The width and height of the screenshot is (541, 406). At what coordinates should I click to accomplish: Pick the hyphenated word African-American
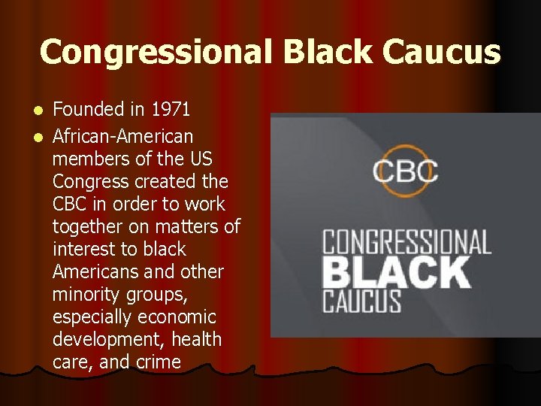tap(122, 137)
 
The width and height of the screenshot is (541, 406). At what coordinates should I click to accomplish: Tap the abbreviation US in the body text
tap(201, 159)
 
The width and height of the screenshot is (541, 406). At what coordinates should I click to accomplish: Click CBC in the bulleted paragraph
tap(71, 205)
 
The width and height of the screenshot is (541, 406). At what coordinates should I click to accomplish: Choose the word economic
tap(177, 317)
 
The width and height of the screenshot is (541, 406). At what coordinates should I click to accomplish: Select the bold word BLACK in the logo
tap(396, 271)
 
